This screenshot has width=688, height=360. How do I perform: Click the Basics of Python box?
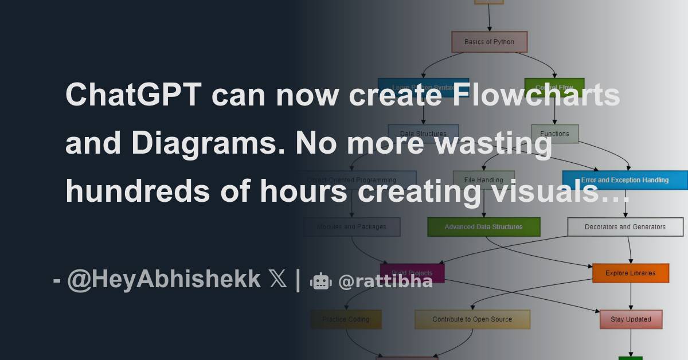[x=489, y=42]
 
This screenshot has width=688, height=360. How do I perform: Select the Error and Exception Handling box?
[x=624, y=180]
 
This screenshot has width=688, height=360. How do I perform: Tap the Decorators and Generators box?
[x=625, y=227]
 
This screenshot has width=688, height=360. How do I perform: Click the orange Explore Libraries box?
[x=630, y=273]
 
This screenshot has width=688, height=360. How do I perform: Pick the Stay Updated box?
[x=631, y=319]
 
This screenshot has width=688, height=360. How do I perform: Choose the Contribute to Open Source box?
[x=472, y=319]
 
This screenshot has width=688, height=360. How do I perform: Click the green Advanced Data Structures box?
[x=483, y=227]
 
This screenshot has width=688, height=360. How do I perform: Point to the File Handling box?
[x=483, y=180]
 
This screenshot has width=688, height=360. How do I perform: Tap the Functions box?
[x=554, y=134]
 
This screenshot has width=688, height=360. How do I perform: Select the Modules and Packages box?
[x=351, y=227]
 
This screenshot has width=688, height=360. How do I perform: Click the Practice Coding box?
[x=346, y=319]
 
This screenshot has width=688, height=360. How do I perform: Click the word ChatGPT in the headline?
[x=133, y=95]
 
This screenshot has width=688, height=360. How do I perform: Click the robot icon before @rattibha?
[x=320, y=281]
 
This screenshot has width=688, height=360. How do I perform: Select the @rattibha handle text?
[x=385, y=281]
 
